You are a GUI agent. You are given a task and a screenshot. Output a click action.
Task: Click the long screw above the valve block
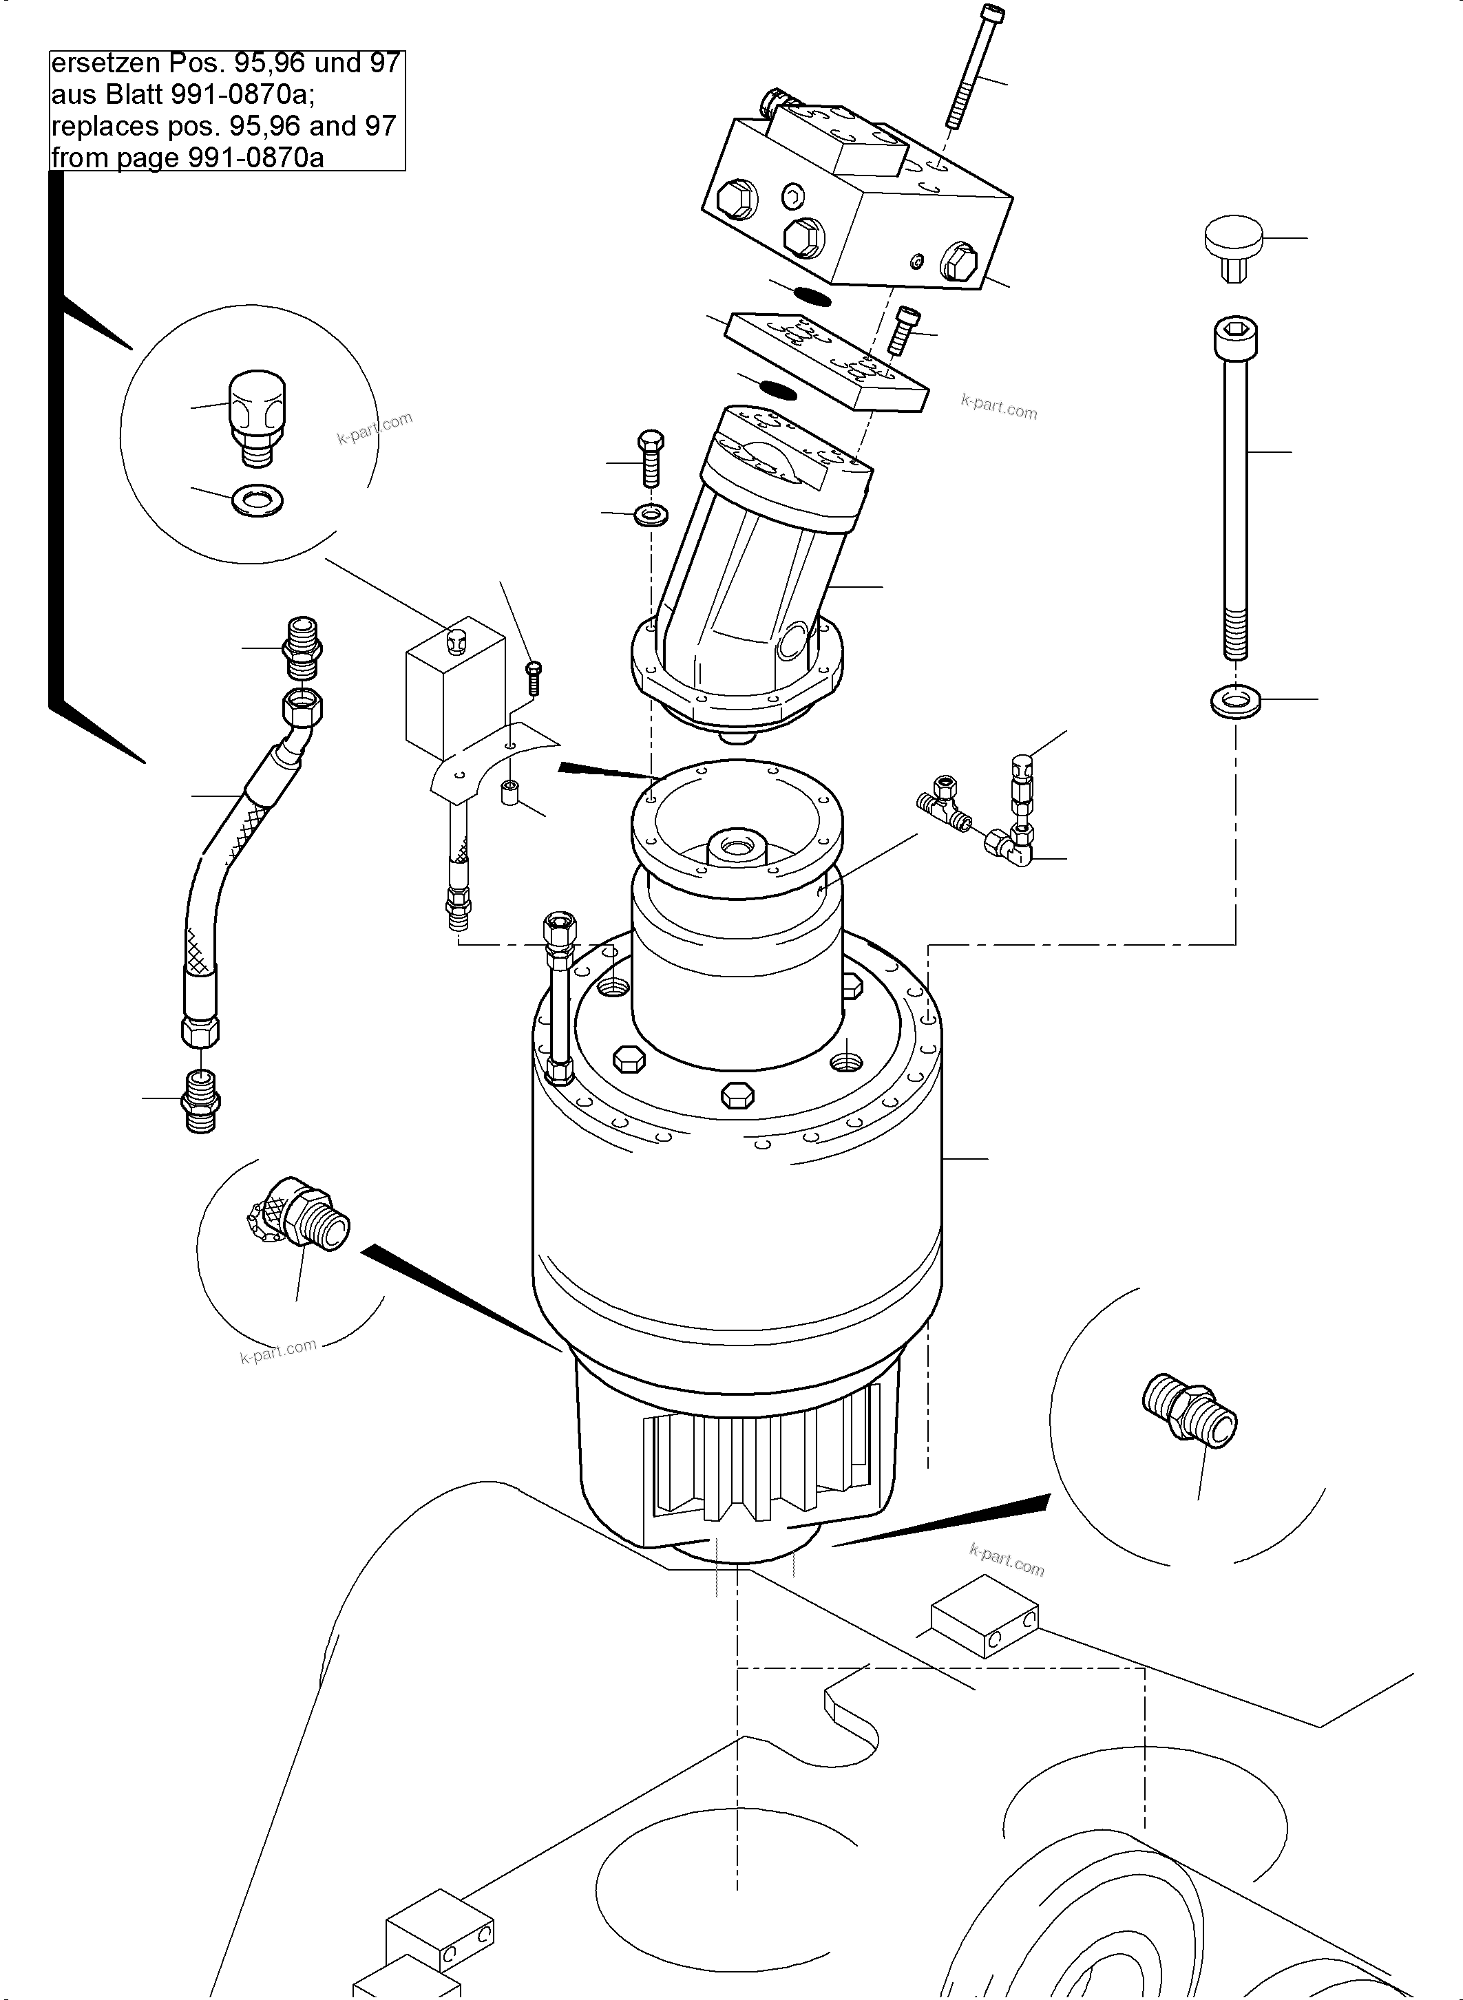coord(974,66)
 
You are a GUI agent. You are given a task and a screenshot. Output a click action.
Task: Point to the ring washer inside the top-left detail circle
coord(257,501)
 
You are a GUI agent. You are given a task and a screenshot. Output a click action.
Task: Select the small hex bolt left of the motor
coord(651,458)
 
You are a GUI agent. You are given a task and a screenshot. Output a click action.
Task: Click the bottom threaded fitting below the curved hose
coord(201,1100)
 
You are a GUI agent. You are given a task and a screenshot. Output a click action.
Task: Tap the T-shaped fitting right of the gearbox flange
coord(943,802)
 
